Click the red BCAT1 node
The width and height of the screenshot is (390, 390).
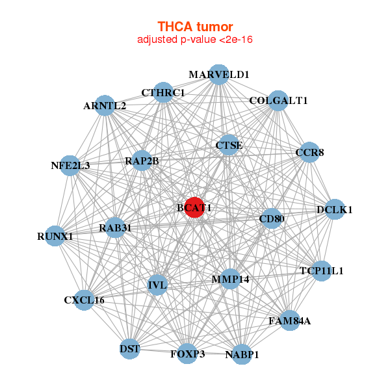point(194,208)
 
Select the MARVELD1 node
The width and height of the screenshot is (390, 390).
point(219,75)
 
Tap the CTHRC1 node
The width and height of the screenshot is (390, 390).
point(163,93)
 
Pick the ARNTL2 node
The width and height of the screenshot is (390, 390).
point(105,105)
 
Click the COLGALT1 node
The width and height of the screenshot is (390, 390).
point(278,101)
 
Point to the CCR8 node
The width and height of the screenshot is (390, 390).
point(309,153)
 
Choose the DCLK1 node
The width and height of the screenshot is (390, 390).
point(334,209)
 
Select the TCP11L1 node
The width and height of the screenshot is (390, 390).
point(321,270)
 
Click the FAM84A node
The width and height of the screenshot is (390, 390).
point(290,320)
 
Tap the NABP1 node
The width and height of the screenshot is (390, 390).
point(242,354)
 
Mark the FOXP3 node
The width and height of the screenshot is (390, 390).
point(187,354)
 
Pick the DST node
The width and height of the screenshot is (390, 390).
point(130,349)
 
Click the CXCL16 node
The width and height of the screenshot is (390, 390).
point(84,300)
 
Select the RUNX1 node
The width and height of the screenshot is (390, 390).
point(55,237)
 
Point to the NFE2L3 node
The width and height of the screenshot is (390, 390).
point(70,165)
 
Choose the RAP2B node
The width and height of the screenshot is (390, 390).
point(142,161)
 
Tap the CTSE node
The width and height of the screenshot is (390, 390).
point(229,146)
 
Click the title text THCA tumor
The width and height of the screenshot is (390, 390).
point(195,27)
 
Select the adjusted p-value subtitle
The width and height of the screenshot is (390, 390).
point(195,40)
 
